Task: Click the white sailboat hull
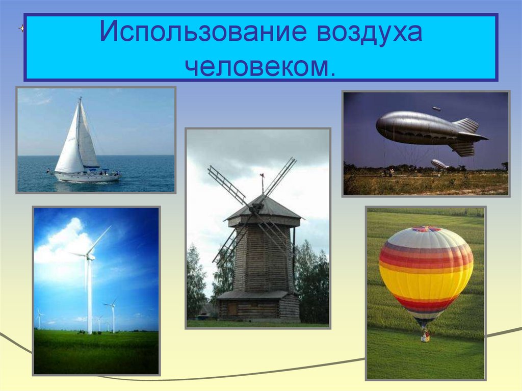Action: (87, 176)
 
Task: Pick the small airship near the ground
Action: (439, 164)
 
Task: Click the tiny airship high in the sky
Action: (436, 109)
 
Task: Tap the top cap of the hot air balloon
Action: (427, 229)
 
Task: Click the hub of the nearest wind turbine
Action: (89, 256)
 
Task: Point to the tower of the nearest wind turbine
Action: (90, 301)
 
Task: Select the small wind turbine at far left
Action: (39, 319)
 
